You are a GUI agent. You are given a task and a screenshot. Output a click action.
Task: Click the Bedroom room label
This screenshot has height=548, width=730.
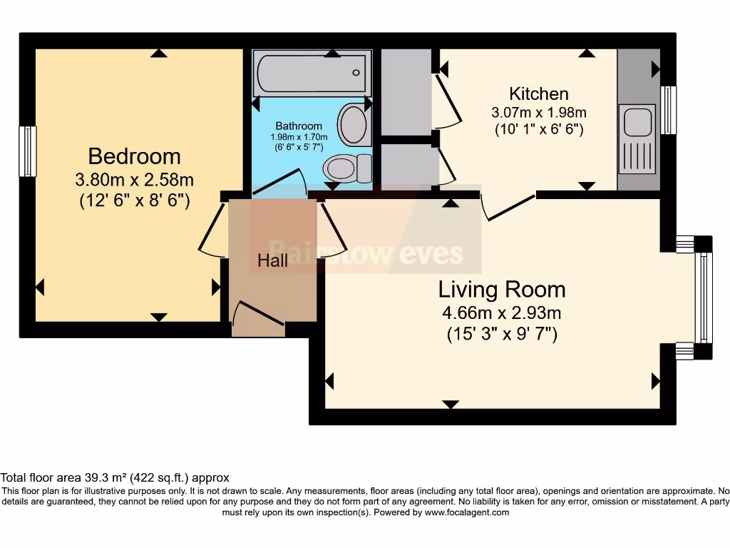(134, 156)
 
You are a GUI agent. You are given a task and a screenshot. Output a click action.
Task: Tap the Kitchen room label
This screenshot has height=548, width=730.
(538, 93)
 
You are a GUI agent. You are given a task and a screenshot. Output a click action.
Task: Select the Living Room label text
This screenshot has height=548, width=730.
(502, 289)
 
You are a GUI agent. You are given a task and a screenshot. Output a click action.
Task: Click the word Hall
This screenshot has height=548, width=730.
(273, 260)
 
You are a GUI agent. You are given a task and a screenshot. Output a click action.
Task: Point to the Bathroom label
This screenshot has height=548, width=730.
(299, 126)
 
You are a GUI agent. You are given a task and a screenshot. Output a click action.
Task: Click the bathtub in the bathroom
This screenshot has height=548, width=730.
(312, 73)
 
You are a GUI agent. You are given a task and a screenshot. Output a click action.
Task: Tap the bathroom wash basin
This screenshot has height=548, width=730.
(352, 124)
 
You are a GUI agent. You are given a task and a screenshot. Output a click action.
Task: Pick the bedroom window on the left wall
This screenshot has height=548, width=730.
(27, 151)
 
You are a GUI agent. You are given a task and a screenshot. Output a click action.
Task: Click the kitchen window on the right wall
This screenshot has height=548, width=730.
(668, 110)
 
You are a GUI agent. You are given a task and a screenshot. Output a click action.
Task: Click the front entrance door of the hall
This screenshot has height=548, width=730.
(257, 318)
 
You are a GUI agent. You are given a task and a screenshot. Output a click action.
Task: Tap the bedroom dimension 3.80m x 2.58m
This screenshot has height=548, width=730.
(134, 179)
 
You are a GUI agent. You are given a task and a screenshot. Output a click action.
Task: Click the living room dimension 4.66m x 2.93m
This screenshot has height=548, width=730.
(502, 313)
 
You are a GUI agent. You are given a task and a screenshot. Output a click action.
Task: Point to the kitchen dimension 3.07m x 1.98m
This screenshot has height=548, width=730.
(538, 112)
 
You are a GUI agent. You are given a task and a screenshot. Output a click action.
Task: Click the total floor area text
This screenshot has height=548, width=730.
(115, 477)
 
